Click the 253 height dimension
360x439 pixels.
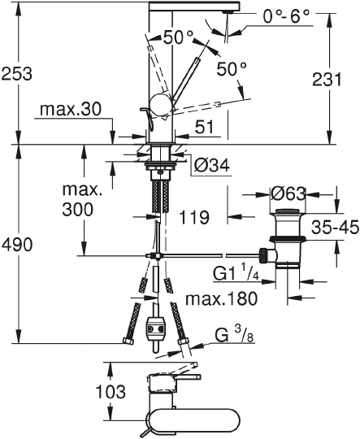click(17, 73)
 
